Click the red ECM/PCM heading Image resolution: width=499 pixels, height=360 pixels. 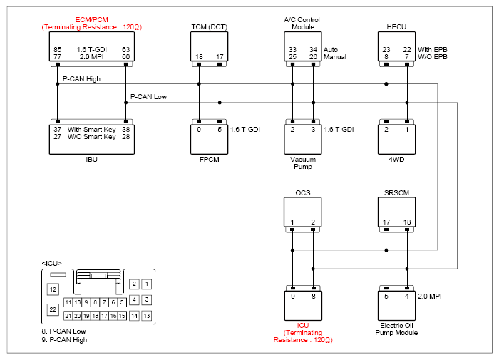92,20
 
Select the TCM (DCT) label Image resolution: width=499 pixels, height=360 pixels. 209,27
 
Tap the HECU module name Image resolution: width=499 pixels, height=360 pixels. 396,27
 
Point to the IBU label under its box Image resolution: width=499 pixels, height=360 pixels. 91,160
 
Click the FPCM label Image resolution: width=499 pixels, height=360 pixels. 209,160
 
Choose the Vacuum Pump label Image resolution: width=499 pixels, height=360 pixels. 303,163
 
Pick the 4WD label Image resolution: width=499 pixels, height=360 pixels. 396,160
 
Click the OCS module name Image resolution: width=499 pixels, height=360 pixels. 303,193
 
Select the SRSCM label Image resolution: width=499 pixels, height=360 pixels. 396,193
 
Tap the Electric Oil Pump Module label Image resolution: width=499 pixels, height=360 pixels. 396,329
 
